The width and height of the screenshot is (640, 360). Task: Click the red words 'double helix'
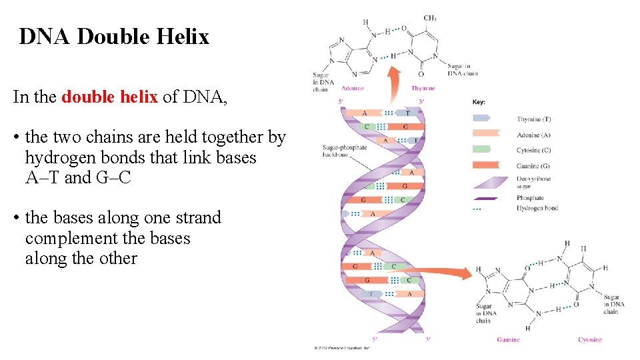point(109,97)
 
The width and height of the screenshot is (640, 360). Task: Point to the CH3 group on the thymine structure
point(430,18)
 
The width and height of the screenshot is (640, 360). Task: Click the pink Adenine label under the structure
point(352,88)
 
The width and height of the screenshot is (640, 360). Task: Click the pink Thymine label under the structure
point(423,88)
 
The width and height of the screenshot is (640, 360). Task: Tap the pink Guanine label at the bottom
point(508,339)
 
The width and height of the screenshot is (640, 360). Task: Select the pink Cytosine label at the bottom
point(589,339)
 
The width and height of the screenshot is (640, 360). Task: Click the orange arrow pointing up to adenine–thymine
point(395,85)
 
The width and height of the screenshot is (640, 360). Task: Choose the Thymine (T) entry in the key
point(533,119)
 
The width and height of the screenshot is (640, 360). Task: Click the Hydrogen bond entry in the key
point(537,208)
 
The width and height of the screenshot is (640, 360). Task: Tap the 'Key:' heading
point(479,102)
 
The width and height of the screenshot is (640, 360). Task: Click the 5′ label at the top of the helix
point(342,102)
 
